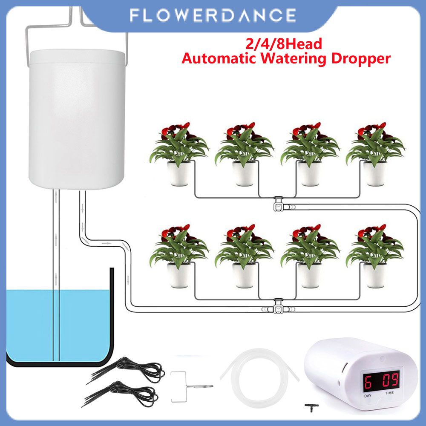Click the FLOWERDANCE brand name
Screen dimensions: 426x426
pyautogui.click(x=213, y=16)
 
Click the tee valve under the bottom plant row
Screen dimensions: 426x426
pyautogui.click(x=279, y=305)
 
